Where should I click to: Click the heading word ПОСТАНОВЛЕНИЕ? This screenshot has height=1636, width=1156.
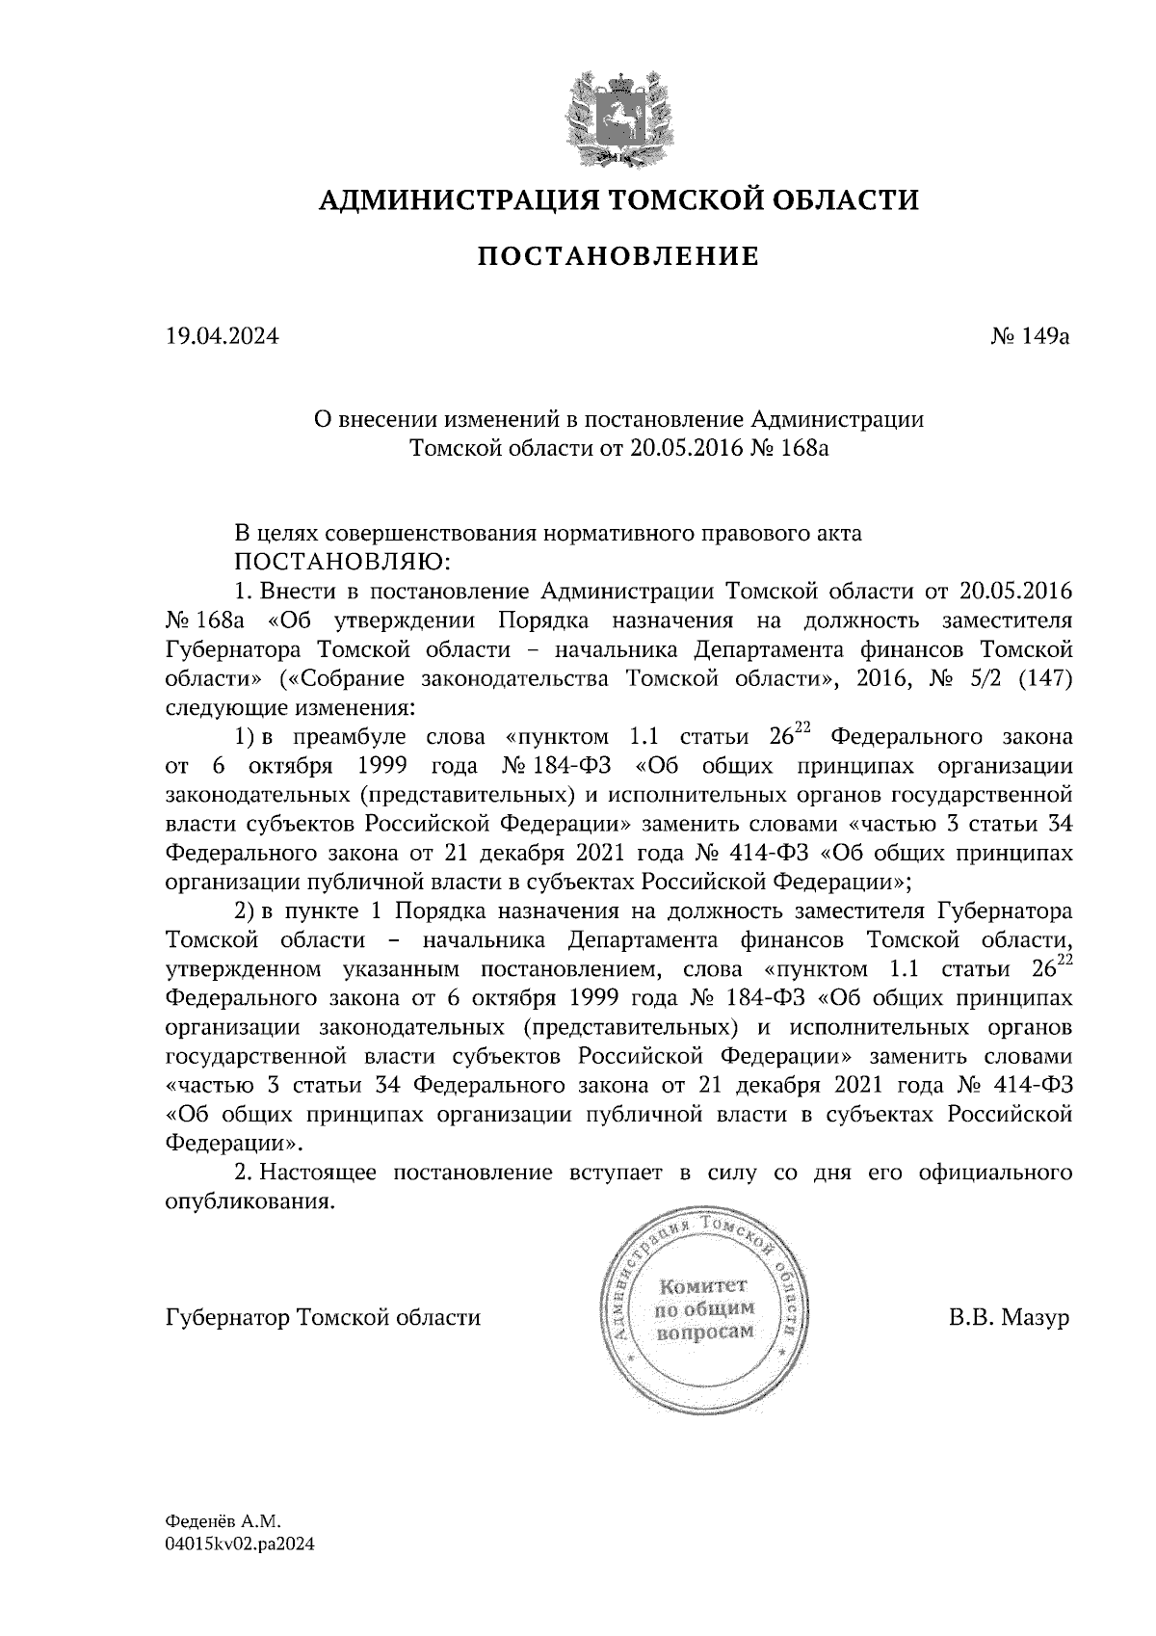(617, 256)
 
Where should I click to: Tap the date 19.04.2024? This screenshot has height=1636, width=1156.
(223, 337)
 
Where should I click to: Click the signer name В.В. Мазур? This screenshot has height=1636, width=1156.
(1009, 1317)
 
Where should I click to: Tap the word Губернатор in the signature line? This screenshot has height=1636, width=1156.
(228, 1317)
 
